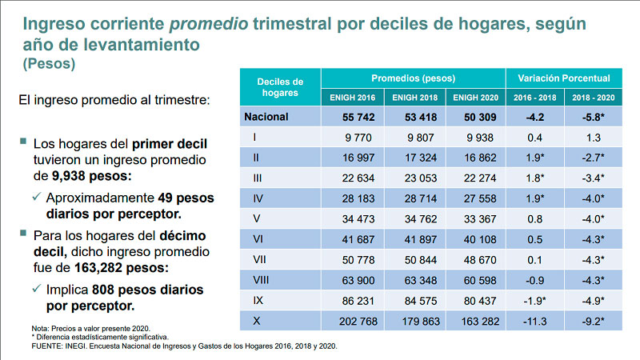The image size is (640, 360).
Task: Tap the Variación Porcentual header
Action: click(x=563, y=78)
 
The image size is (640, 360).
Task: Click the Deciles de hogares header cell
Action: click(x=280, y=87)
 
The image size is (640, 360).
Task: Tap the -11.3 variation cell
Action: click(x=534, y=322)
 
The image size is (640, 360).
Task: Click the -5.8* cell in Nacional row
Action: click(x=592, y=118)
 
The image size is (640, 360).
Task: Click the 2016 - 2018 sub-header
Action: click(x=534, y=98)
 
